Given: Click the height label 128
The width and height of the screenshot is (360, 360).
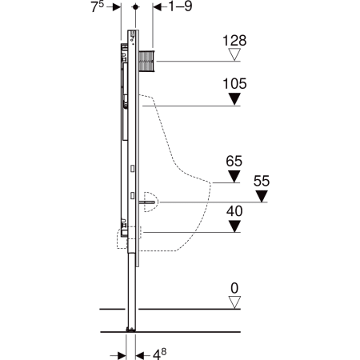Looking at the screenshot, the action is point(234,41).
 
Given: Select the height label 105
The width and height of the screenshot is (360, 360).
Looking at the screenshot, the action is point(234,84).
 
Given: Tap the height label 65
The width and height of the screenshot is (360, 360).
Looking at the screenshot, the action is point(234,161).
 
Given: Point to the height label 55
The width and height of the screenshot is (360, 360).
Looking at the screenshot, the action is point(262,181).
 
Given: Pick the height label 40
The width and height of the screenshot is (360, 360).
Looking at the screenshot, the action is point(234,211).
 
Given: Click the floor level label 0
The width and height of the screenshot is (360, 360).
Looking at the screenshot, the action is point(234,288).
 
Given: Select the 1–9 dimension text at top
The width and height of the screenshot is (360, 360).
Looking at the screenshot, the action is point(180,6).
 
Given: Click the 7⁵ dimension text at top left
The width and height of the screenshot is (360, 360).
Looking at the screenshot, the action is point(97,6).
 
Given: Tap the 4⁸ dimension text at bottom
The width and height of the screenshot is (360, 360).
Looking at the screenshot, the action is point(160,354).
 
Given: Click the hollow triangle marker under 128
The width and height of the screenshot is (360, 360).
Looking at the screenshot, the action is point(234,54).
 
